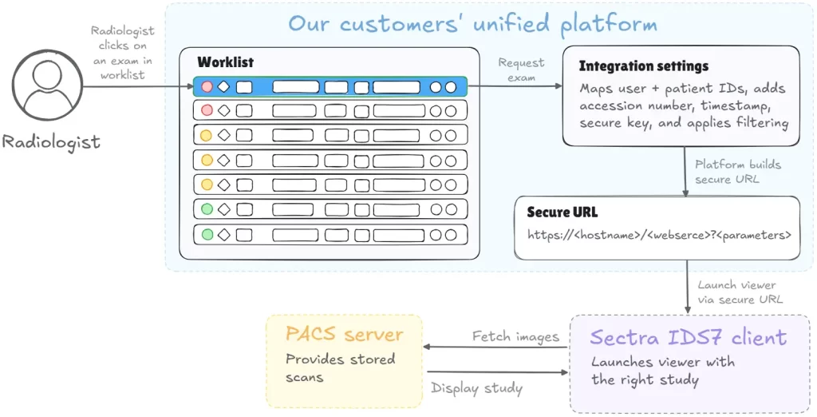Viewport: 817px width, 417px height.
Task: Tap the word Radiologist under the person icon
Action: (x=51, y=142)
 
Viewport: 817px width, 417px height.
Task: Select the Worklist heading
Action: (x=226, y=62)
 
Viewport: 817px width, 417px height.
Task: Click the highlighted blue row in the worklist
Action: (x=330, y=86)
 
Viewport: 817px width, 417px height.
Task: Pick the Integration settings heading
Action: (x=644, y=66)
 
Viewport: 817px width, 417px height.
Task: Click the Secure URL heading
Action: (x=562, y=212)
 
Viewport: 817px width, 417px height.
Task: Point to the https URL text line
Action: (x=659, y=235)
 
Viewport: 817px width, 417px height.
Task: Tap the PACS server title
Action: (x=345, y=334)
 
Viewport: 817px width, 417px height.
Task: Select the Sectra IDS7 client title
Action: (x=689, y=338)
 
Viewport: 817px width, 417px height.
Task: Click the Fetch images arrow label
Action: (x=516, y=336)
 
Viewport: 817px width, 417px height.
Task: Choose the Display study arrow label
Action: (x=477, y=388)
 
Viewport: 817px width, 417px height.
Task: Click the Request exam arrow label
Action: (x=521, y=70)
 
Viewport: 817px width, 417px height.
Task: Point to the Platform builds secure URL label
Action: (x=738, y=172)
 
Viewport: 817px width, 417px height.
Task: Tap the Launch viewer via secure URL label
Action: (x=740, y=292)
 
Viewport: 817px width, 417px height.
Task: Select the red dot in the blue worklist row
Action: (x=207, y=86)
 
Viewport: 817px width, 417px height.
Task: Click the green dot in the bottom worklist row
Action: (x=207, y=234)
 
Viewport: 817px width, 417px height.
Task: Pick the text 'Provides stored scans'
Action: (x=340, y=368)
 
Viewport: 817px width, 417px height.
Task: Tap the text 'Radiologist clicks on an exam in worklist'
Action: (x=122, y=53)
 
